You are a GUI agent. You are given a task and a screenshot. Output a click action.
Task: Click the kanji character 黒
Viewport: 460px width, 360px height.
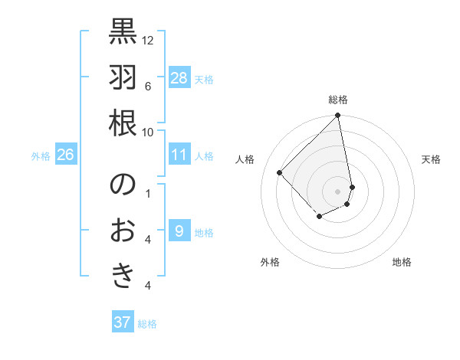pyautogui.click(x=123, y=31)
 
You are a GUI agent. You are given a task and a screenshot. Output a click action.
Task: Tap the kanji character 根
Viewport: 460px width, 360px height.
pyautogui.click(x=123, y=123)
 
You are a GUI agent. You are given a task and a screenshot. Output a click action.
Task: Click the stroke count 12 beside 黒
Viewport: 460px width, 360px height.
pyautogui.click(x=149, y=40)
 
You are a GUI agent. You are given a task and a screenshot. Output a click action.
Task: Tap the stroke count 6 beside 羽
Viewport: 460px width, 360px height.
pyautogui.click(x=148, y=86)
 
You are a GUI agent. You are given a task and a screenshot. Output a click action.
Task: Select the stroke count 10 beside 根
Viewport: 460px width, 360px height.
pyautogui.click(x=149, y=132)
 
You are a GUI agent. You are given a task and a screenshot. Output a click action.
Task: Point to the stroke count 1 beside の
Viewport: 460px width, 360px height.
pyautogui.click(x=148, y=193)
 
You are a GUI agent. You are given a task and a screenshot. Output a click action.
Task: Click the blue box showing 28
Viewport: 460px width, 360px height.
pyautogui.click(x=179, y=78)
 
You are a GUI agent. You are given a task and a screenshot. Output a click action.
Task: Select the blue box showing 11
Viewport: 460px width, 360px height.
pyautogui.click(x=179, y=155)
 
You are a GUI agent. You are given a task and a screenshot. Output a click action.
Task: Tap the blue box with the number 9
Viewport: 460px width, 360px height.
pyautogui.click(x=179, y=231)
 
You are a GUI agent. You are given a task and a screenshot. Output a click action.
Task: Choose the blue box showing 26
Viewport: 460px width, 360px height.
pyautogui.click(x=66, y=155)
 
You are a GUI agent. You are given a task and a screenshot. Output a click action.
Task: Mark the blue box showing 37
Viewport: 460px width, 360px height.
pyautogui.click(x=123, y=322)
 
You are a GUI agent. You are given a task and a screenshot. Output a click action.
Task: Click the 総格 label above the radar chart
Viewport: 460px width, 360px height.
pyautogui.click(x=338, y=100)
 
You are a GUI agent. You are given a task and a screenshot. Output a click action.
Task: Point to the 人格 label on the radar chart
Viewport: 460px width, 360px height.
pyautogui.click(x=246, y=159)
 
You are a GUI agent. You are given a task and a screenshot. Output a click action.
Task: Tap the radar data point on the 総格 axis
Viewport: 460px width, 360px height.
pyautogui.click(x=338, y=116)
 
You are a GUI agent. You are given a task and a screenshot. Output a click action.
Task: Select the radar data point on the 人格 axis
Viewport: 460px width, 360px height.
pyautogui.click(x=280, y=172)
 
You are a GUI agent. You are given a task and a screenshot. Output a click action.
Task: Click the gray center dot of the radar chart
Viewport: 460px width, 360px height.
pyautogui.click(x=338, y=191)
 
